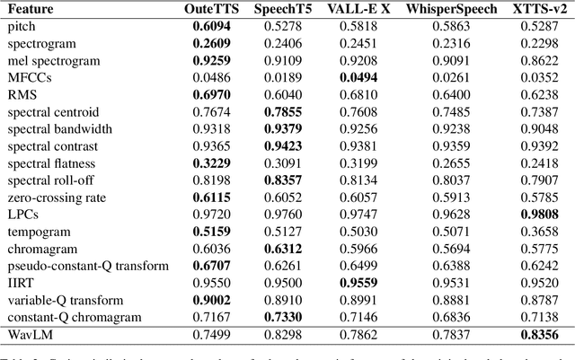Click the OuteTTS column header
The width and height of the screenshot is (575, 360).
coord(210,10)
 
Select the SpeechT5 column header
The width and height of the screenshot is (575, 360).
coord(282,10)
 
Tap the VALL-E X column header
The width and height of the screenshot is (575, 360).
coord(357,10)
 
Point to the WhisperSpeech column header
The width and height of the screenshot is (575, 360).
coord(443,10)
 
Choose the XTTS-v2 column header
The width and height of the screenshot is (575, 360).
coord(530,10)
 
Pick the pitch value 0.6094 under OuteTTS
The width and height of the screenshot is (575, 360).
coord(210,27)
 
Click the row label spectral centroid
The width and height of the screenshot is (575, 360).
coord(51,112)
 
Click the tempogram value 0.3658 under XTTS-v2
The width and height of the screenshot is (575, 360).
coord(530,232)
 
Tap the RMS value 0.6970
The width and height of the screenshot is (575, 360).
coord(210,93)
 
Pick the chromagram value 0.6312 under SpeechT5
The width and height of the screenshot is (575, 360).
coord(282,249)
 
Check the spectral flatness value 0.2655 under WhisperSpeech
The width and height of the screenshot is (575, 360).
coord(443,163)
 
